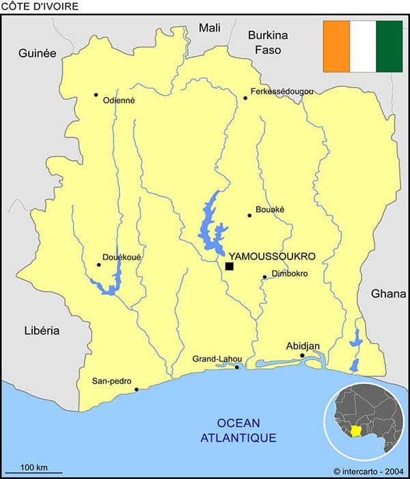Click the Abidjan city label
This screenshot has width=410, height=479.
[303, 346]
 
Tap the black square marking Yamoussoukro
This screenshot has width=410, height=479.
[230, 266]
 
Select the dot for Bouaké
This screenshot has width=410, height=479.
[249, 216]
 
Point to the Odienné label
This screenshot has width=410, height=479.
[119, 100]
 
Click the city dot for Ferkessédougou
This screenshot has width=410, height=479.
[245, 98]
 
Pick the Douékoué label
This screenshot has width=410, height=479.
[121, 257]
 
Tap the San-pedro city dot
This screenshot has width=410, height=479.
[137, 389]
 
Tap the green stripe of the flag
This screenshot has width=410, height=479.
[389, 46]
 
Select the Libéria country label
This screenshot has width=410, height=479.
[41, 331]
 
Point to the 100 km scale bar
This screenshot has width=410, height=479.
[38, 472]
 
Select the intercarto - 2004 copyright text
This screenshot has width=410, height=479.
[369, 471]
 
